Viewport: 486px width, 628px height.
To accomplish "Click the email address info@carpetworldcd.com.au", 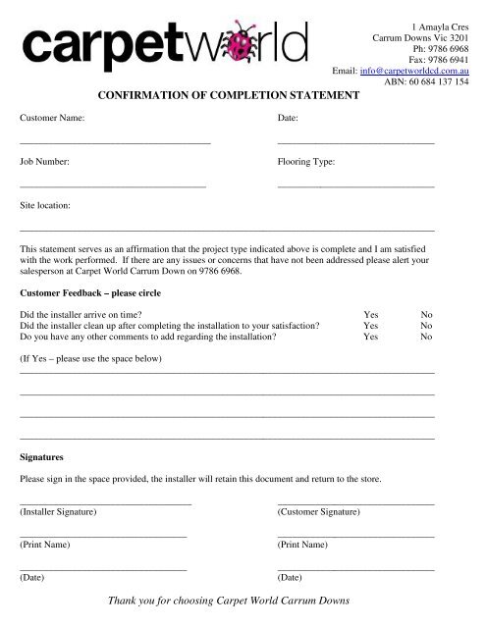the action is (x=413, y=71).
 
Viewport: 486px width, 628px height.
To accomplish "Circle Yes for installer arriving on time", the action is (x=371, y=315).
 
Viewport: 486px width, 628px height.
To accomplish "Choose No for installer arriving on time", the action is (x=426, y=315).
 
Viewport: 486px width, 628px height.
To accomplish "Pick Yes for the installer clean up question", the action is (x=371, y=325).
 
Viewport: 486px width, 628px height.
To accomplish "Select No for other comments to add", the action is (x=426, y=336).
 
